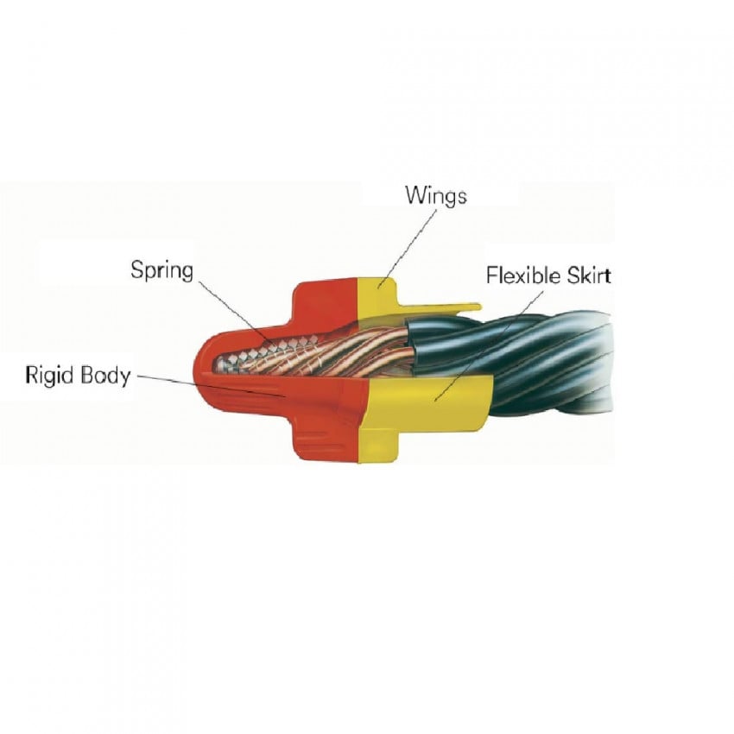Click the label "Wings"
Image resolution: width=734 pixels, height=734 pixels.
[436, 195]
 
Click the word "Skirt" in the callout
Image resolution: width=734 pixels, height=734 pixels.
[589, 275]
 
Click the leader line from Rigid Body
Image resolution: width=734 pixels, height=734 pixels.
[207, 386]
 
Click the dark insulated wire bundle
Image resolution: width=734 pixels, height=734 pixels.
[535, 363]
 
